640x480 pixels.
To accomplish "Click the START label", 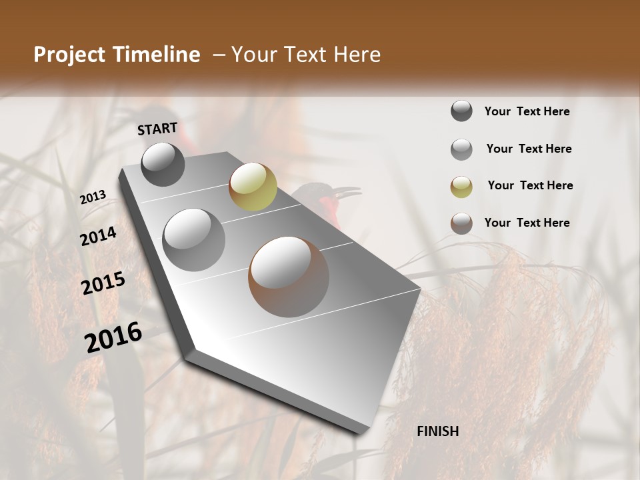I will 157,129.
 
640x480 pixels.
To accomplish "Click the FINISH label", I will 438,431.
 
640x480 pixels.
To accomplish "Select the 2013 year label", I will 93,197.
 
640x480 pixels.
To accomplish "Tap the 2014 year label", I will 99,236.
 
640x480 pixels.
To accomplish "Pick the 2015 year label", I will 103,283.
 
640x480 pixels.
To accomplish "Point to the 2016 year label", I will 113,337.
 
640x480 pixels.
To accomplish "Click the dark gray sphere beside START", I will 163,164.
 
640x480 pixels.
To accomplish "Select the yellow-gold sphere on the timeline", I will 253,186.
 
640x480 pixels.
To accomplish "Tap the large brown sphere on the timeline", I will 289,277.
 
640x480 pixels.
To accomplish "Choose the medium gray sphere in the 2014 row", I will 194,239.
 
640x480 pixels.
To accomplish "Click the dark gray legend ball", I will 461,111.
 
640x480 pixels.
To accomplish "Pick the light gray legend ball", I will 461,149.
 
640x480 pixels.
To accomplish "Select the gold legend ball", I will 461,186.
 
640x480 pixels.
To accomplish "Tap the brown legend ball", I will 461,223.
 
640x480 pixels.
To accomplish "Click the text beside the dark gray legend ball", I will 527,111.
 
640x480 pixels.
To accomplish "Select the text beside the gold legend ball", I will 530,185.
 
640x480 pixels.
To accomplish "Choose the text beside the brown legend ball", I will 527,223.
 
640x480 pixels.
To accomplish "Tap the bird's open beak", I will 347,194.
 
